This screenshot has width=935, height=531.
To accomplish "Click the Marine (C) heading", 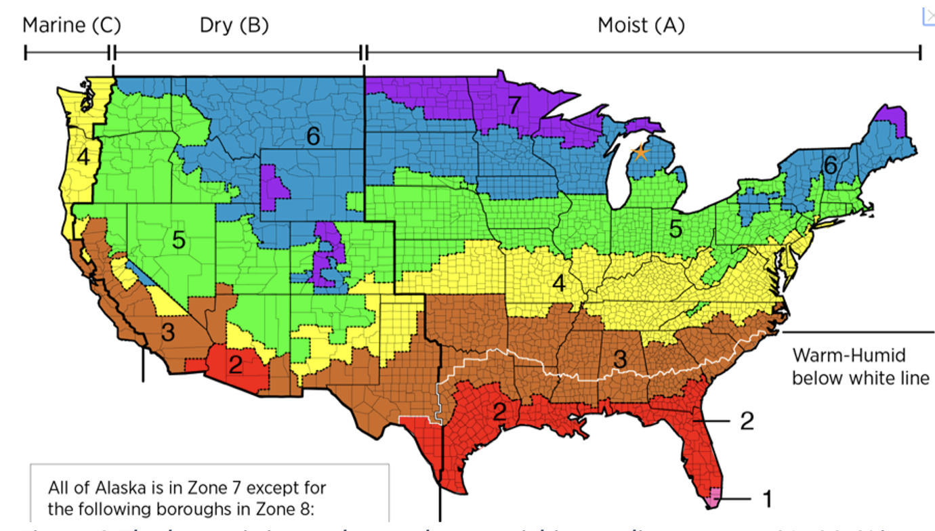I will pos(72,26).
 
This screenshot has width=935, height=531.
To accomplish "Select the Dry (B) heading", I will pos(234,26).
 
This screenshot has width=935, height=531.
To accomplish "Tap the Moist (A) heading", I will pos(641,26).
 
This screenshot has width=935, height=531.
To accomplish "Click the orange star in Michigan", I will pos(640,152).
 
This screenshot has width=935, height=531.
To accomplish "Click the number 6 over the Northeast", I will pos(829,165).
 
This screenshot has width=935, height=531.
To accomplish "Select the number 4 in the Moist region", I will pos(558,284).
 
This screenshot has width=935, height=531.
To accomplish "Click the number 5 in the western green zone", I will pos(178,240).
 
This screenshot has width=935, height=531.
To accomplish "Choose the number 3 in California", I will pos(168,333).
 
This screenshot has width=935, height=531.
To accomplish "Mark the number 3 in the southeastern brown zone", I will pos(619,360).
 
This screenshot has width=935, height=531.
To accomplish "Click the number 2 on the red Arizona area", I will pos(235,365).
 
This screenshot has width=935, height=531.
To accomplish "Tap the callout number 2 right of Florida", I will pos(746,421).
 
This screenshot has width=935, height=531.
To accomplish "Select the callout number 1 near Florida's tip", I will pos(766,499).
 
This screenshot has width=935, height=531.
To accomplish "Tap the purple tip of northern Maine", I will pos(896,118).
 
